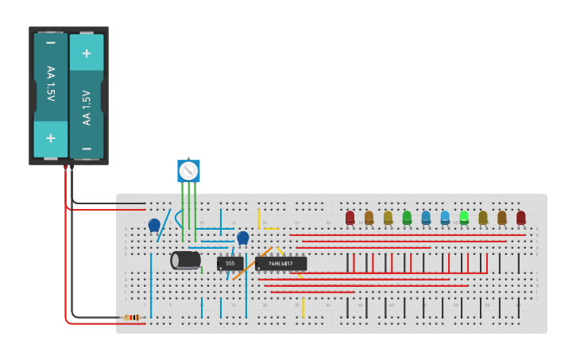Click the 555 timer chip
pyautogui.click(x=230, y=263)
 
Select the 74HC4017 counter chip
pyautogui.click(x=280, y=263)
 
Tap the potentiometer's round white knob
pyautogui.click(x=188, y=171)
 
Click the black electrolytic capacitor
pyautogui.click(x=186, y=260)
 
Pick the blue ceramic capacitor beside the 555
pyautogui.click(x=243, y=237)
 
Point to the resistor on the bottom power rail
pyautogui.click(x=133, y=317)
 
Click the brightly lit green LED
pyautogui.click(x=464, y=216)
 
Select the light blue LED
pyautogui.click(x=445, y=217)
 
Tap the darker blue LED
pyautogui.click(x=426, y=217)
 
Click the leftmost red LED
pyautogui.click(x=350, y=217)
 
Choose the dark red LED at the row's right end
pyautogui.click(x=521, y=217)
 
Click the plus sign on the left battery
pyautogui.click(x=50, y=137)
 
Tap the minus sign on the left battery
pyautogui.click(x=50, y=42)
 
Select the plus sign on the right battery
pyautogui.click(x=86, y=53)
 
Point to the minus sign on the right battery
pyautogui.click(x=86, y=149)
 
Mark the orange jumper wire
pyautogui.click(x=246, y=265)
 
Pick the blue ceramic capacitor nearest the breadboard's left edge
pyautogui.click(x=154, y=225)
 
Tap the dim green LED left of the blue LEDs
pyautogui.click(x=407, y=217)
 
